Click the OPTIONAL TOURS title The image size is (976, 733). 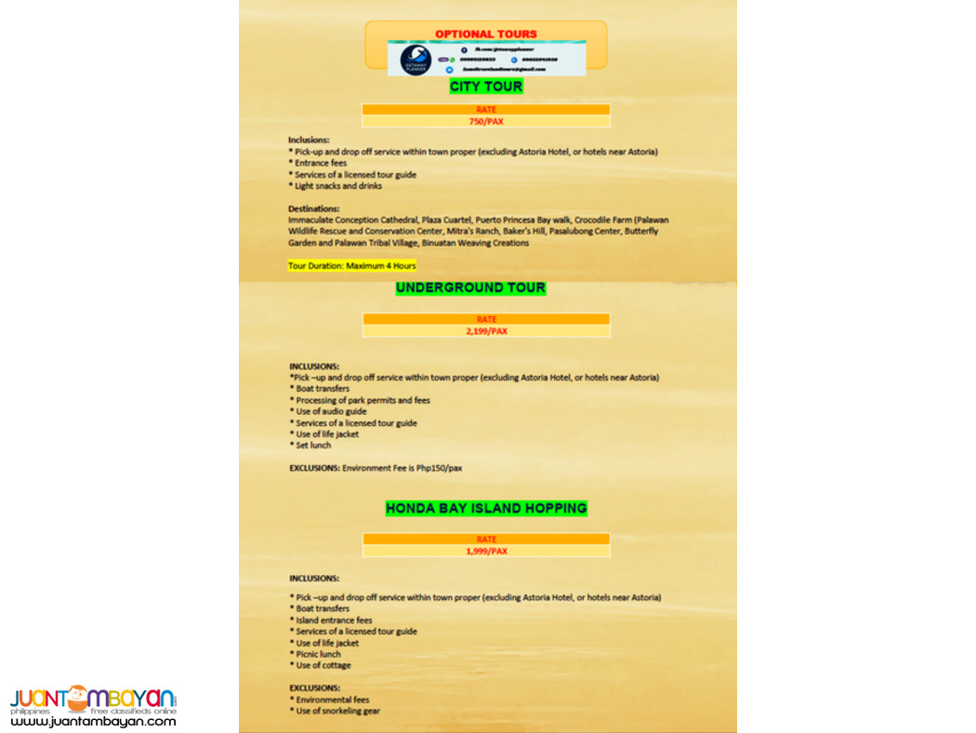pyautogui.click(x=485, y=33)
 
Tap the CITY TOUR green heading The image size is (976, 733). pyautogui.click(x=485, y=87)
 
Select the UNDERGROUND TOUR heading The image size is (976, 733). pyautogui.click(x=470, y=288)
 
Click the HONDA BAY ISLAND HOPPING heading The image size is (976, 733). pyautogui.click(x=486, y=508)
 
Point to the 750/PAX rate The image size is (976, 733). pyautogui.click(x=486, y=121)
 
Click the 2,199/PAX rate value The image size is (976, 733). pyautogui.click(x=486, y=331)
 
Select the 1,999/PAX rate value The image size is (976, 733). pyautogui.click(x=486, y=551)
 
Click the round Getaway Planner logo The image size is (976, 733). pyautogui.click(x=415, y=60)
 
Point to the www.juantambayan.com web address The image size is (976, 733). pyautogui.click(x=93, y=720)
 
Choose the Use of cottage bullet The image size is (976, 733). pyautogui.click(x=322, y=665)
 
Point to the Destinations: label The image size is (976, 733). pyautogui.click(x=313, y=208)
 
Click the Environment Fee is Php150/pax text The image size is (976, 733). pyautogui.click(x=402, y=468)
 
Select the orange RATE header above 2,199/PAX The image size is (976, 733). pyautogui.click(x=486, y=319)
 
